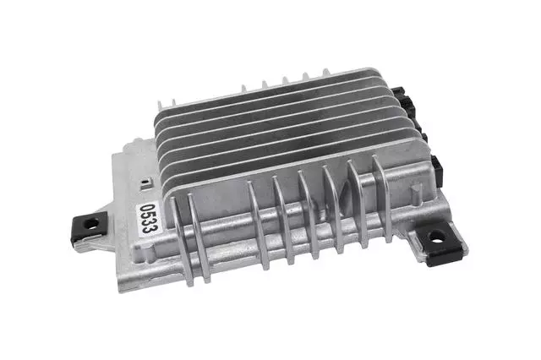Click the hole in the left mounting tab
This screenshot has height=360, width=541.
(x=90, y=224)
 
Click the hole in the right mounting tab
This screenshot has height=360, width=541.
(x=437, y=237)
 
